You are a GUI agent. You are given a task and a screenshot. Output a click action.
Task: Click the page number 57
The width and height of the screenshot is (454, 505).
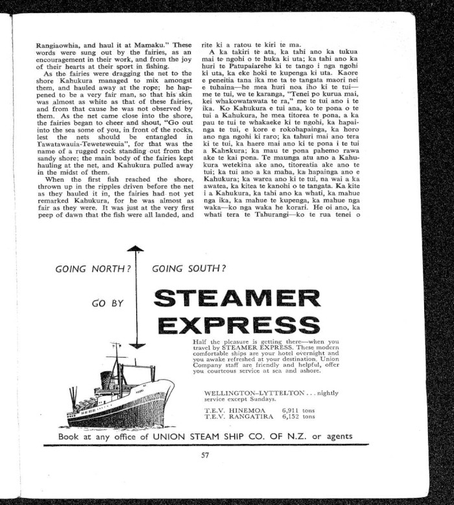coord(205,455)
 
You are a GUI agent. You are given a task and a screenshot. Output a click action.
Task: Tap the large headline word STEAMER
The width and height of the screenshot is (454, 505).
coord(237,299)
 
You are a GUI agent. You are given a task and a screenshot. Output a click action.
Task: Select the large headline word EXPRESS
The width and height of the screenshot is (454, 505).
coord(237,324)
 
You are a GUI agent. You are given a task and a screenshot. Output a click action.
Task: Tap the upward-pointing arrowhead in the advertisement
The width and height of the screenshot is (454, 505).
coord(135,250)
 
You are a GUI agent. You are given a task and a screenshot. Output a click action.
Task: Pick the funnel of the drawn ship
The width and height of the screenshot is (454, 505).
coord(106,378)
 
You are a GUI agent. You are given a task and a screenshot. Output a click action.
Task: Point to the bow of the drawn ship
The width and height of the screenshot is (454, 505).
coord(170,386)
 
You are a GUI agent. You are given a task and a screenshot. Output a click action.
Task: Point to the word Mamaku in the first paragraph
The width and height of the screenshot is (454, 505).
coord(155,45)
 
